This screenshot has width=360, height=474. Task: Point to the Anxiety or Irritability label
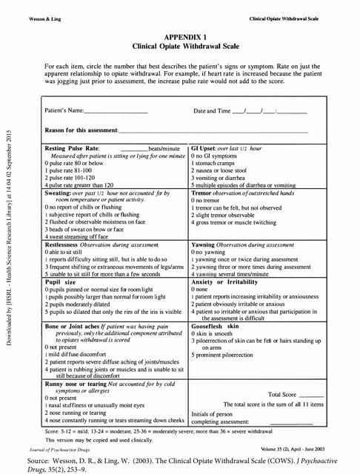point(223,281)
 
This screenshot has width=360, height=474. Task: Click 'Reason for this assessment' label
point(81,130)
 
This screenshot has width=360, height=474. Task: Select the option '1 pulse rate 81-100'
point(69,170)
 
